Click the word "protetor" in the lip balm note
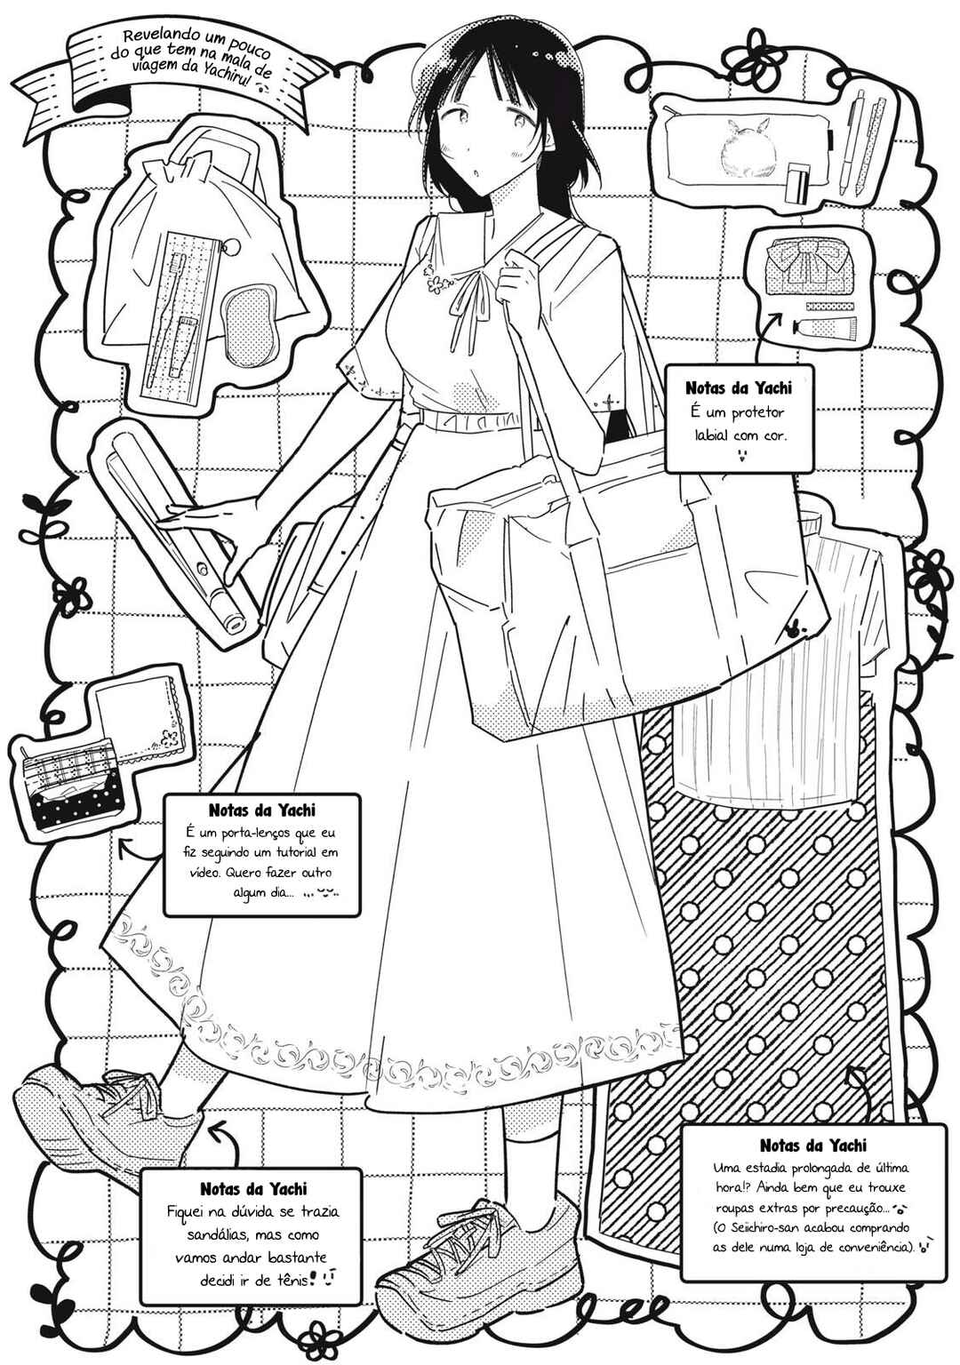pos(756,413)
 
